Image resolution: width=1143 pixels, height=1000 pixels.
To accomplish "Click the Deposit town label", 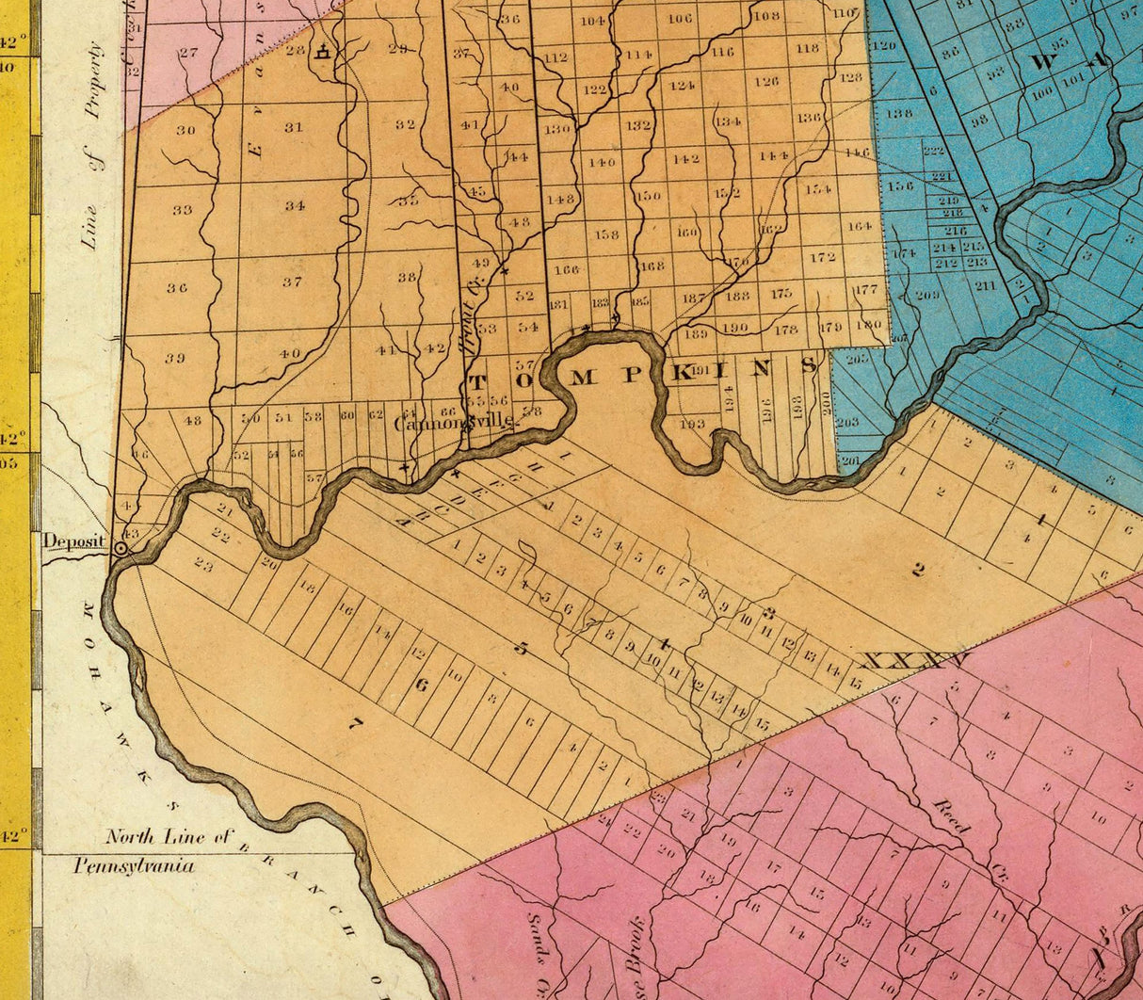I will pos(73,542).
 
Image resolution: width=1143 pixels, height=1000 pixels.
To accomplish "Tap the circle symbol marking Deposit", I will pos(121,546).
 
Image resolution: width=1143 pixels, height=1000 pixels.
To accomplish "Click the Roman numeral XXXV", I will pos(914,662).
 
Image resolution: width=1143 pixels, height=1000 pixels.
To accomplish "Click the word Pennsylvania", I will pos(134,866).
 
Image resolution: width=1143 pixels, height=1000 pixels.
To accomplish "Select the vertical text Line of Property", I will pos(93,146).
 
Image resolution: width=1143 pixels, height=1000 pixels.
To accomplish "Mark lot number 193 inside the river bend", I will pos(692,424).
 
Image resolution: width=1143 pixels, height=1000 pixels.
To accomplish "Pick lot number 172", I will pos(822,256).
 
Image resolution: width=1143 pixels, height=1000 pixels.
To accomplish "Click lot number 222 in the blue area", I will pos(933,151).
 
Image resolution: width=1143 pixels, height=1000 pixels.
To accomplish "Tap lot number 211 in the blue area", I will pos(985,285).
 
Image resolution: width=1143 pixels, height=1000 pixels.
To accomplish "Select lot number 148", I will pos(560,200).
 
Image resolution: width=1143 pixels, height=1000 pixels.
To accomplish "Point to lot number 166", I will pos(566,270).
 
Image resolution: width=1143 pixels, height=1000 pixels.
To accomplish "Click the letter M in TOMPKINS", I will pos(583,378).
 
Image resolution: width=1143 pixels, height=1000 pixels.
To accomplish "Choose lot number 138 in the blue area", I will pos(899,113).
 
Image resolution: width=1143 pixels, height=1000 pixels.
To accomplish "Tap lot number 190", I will pos(734,329).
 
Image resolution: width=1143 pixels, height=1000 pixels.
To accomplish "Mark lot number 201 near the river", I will pos(850,460).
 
